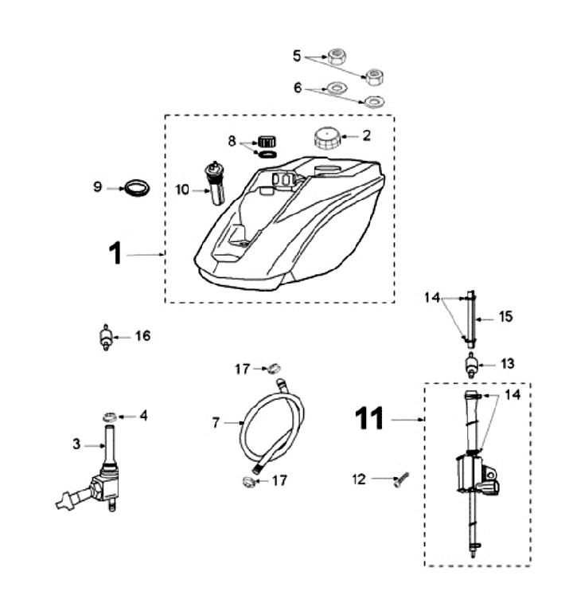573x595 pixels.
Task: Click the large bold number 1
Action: (x=115, y=254)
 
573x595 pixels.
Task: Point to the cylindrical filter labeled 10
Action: (x=215, y=185)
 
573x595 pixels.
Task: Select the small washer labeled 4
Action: (x=111, y=416)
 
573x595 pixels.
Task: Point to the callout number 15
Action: (x=505, y=316)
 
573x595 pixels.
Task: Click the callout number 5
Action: (x=298, y=57)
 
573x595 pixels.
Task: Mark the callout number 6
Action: (x=298, y=88)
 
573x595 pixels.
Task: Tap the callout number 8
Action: (x=232, y=141)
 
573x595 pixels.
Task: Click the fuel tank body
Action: (x=294, y=223)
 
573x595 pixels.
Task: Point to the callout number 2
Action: (x=366, y=136)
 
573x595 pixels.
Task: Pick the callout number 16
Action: (x=143, y=336)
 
